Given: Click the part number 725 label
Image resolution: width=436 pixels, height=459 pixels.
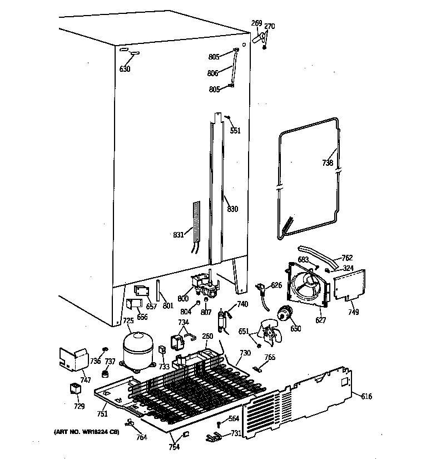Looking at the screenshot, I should click(128, 320).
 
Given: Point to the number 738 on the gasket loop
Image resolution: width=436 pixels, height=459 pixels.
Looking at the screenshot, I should click(328, 163).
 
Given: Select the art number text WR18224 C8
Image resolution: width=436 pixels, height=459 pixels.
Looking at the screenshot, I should click(86, 432).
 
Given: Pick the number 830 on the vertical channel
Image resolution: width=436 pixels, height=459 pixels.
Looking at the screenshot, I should click(232, 209).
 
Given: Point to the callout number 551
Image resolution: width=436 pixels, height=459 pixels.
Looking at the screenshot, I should click(235, 131).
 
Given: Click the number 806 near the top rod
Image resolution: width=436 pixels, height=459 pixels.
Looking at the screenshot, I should click(212, 73).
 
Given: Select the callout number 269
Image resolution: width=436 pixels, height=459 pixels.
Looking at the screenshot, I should click(256, 23).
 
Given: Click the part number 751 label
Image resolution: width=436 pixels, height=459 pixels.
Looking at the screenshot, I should click(102, 414).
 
